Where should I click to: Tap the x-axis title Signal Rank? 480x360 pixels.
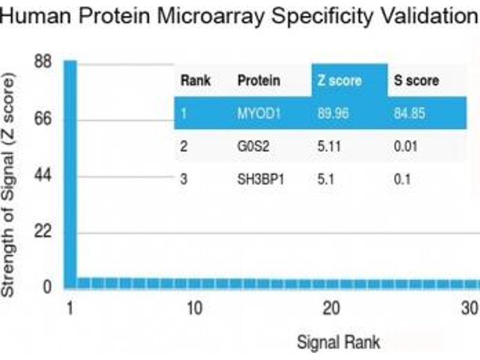coord(339,342)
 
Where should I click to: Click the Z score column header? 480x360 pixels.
coord(340,80)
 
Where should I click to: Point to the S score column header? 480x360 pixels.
coord(416,80)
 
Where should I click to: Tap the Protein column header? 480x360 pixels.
coord(259,80)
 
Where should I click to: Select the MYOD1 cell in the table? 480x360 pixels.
coord(259,113)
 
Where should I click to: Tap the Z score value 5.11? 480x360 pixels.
coord(328,146)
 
